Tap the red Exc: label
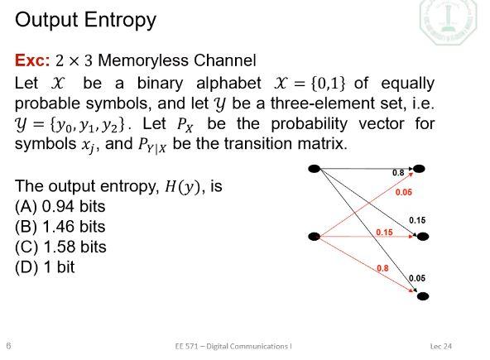click(33, 60)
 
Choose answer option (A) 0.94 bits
click(60, 206)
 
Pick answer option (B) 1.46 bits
click(60, 226)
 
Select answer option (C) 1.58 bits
click(60, 247)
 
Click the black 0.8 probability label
click(398, 173)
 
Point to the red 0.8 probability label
click(382, 268)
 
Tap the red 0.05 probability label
click(403, 192)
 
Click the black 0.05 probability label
click(417, 278)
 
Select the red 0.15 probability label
click(384, 233)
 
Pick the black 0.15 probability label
click(417, 220)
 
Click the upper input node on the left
click(314, 170)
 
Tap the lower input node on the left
click(314, 237)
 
